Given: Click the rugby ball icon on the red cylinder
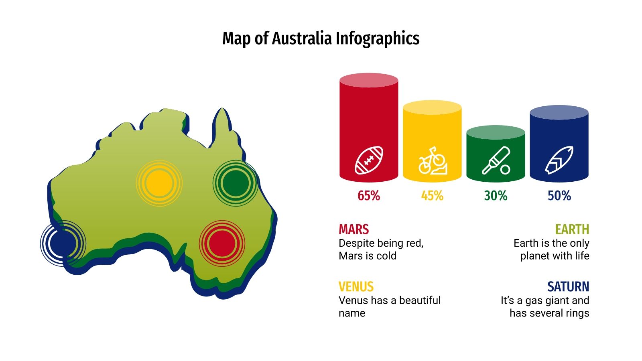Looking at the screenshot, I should (369, 160).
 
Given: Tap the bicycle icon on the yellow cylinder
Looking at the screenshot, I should (432, 161).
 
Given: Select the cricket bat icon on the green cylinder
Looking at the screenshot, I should (496, 161).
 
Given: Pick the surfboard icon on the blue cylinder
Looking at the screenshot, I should (559, 160).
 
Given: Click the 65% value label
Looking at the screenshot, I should (369, 196).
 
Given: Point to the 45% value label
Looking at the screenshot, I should (432, 196).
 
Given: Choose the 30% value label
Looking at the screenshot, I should (496, 196).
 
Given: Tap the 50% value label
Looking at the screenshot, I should (559, 196).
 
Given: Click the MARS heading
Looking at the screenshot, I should (354, 229).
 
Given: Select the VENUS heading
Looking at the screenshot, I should (356, 287).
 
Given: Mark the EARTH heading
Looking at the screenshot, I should (572, 229).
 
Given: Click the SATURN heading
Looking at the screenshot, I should (568, 287).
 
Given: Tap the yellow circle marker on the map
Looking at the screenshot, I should (159, 183).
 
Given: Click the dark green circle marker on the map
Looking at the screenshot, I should (236, 183).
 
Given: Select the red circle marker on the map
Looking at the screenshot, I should (222, 243).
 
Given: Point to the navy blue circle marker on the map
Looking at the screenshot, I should (63, 243).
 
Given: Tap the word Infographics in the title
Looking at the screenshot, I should (378, 39).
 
